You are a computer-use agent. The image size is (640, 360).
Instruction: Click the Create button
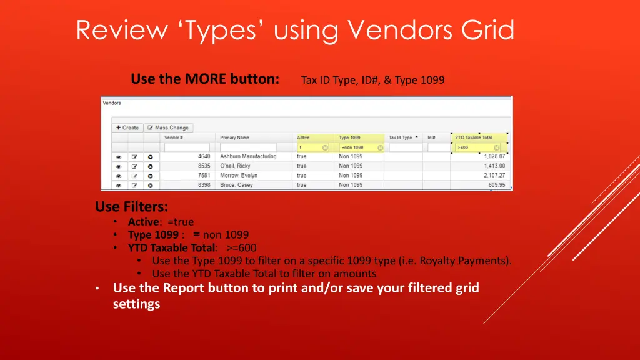pyautogui.click(x=127, y=127)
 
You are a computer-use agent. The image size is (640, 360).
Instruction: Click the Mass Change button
pyautogui.click(x=167, y=127)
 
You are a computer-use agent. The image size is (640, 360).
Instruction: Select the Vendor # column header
pyautogui.click(x=174, y=137)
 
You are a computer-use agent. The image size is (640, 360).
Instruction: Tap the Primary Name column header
pyautogui.click(x=234, y=137)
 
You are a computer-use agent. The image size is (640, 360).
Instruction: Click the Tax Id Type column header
pyautogui.click(x=401, y=137)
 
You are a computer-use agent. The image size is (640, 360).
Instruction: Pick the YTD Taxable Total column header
pyautogui.click(x=473, y=137)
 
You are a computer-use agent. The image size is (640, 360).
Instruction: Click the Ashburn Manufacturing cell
pyautogui.click(x=248, y=156)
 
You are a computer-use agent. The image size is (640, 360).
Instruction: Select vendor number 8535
pyautogui.click(x=204, y=166)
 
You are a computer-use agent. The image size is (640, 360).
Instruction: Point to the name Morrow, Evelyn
pyautogui.click(x=239, y=176)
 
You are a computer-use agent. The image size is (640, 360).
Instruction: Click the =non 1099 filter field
pyautogui.click(x=357, y=147)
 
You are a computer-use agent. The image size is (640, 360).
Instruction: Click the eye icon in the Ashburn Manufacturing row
pyautogui.click(x=119, y=156)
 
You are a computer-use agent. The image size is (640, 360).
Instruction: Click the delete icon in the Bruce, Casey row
pyautogui.click(x=150, y=185)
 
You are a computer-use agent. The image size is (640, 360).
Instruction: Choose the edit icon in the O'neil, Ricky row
pyautogui.click(x=134, y=166)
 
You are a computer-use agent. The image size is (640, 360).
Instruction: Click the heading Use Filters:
pyautogui.click(x=132, y=206)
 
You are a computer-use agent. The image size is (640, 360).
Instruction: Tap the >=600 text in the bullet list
pyautogui.click(x=241, y=247)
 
